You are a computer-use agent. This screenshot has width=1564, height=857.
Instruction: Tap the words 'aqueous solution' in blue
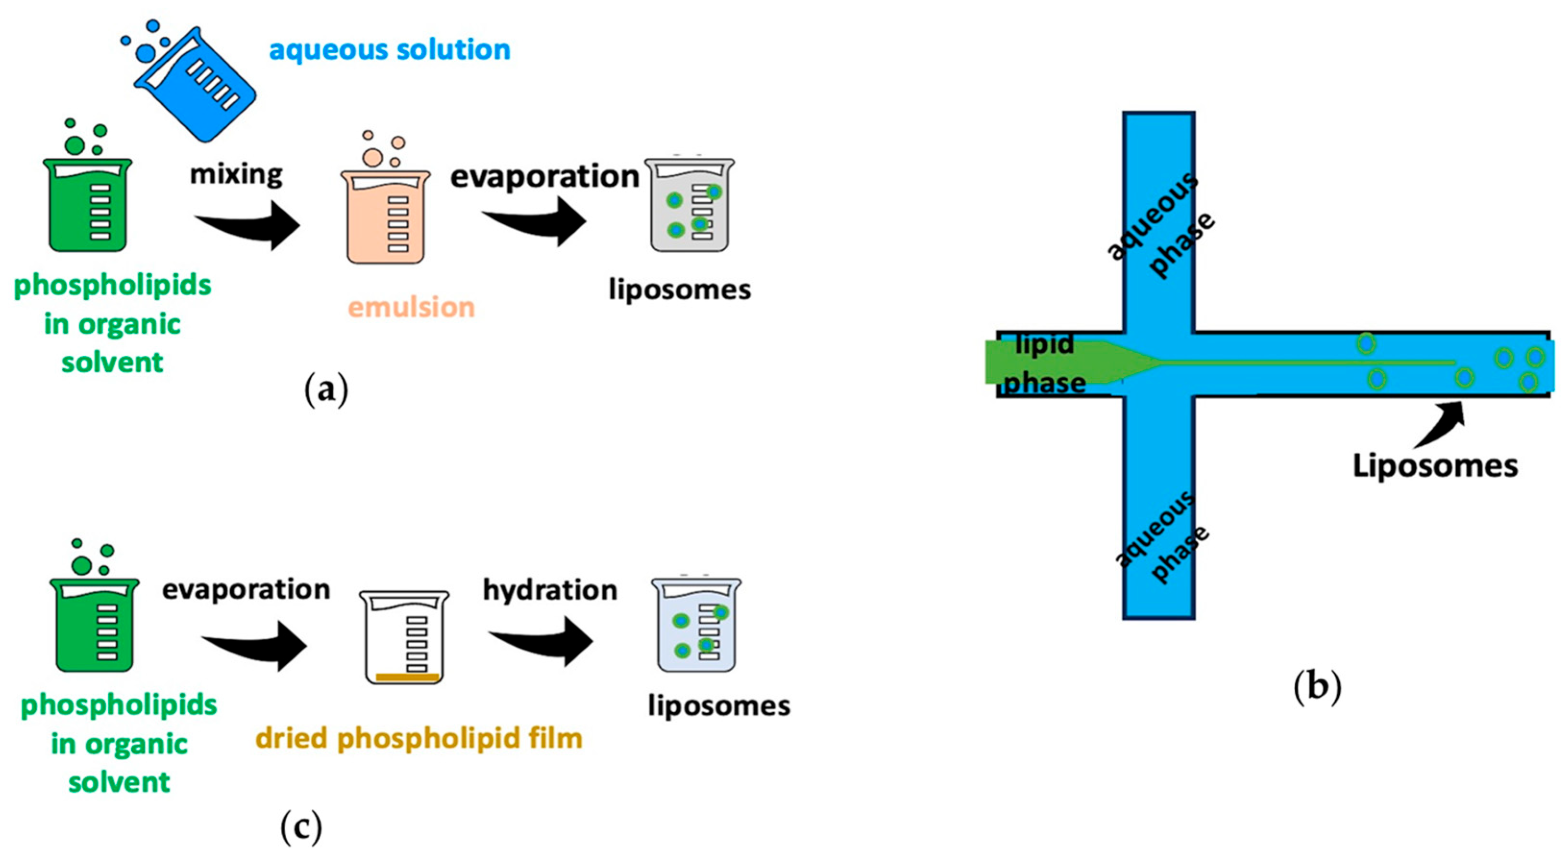click(x=389, y=50)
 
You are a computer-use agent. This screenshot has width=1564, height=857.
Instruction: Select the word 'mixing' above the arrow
click(x=236, y=175)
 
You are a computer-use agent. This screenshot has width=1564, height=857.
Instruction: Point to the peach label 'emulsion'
click(x=411, y=308)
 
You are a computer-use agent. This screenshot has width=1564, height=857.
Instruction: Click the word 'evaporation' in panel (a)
click(x=545, y=177)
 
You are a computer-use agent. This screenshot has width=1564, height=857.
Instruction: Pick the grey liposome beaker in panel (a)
click(x=690, y=206)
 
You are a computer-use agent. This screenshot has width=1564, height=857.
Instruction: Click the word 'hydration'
click(x=550, y=591)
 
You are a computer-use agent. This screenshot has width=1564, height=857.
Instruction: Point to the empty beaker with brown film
click(x=404, y=638)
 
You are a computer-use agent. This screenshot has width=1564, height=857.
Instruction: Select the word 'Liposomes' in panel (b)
click(x=1435, y=466)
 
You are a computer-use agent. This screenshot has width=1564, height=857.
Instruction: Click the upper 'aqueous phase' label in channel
click(x=1160, y=226)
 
